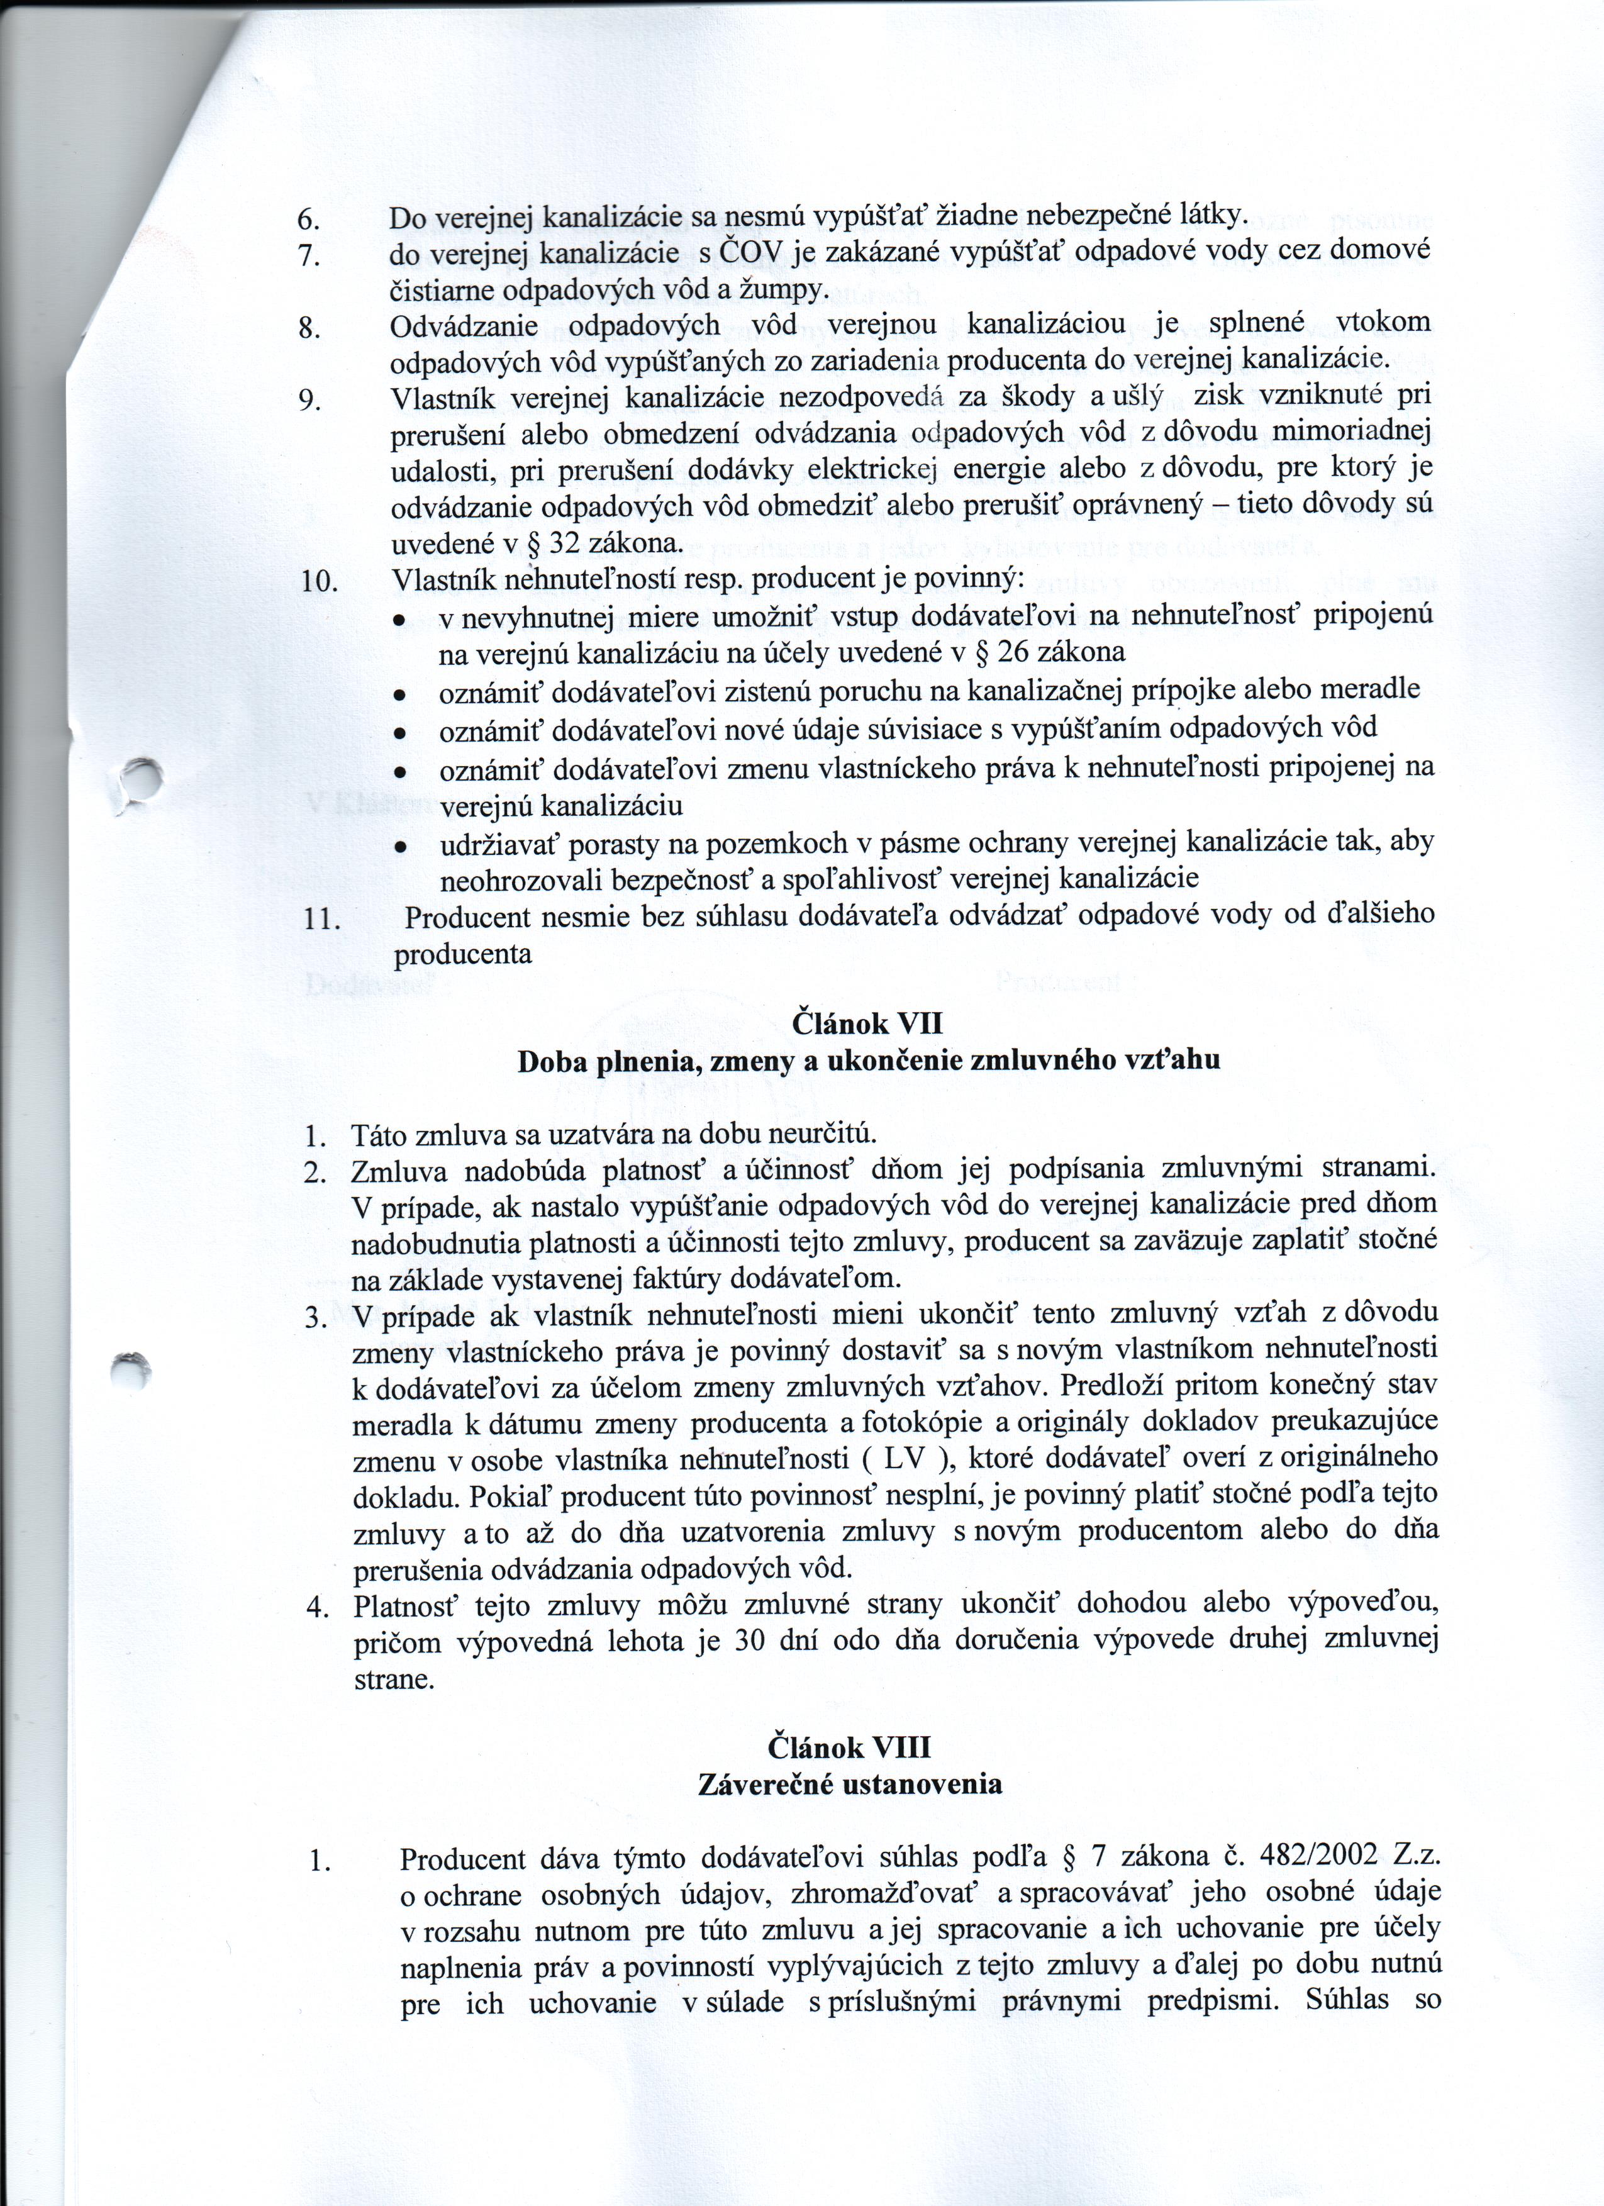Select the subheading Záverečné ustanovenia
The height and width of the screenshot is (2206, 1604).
(x=849, y=1785)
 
